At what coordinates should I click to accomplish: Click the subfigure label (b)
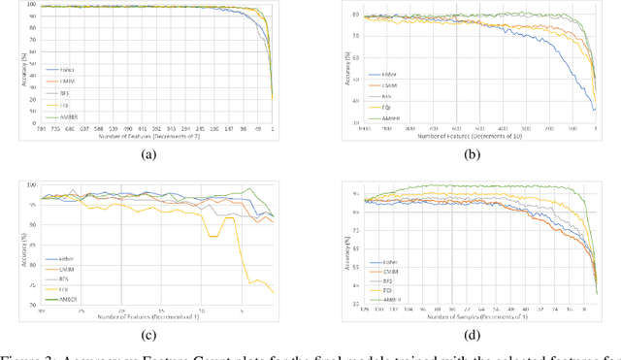pos(468,154)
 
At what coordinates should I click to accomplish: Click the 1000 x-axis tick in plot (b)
pos(366,126)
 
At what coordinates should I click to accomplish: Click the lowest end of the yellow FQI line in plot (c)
pos(273,292)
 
